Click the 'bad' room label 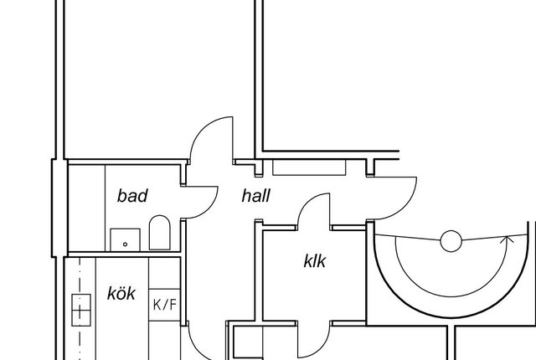coord(132,196)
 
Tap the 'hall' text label coord(255,196)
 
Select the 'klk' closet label coord(315,261)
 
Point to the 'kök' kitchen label coord(121,294)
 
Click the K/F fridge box coord(164,305)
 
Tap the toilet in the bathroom coord(160,233)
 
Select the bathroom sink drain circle coord(125,244)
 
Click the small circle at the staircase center coord(451,241)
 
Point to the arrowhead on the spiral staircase coord(508,240)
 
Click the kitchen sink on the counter coord(81,310)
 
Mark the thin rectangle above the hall coord(309,167)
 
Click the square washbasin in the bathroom coord(125,239)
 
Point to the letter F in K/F coord(172,305)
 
